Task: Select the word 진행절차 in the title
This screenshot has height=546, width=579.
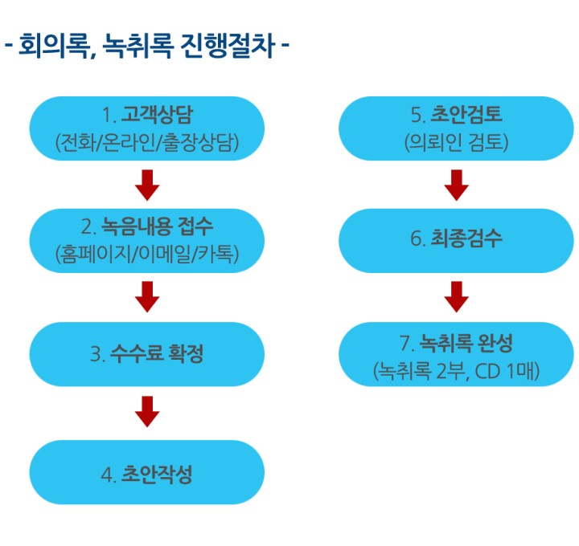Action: click(x=228, y=46)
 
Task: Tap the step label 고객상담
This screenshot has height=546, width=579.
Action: click(x=157, y=114)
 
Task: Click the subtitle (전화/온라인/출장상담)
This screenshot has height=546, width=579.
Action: click(x=147, y=142)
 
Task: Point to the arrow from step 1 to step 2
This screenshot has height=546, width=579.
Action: click(x=147, y=185)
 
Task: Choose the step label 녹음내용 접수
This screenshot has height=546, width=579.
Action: click(x=157, y=226)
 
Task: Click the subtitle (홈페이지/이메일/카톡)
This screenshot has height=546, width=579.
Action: click(x=147, y=254)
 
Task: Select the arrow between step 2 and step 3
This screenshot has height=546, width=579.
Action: click(x=147, y=297)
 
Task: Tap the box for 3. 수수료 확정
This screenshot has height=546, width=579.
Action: click(x=147, y=354)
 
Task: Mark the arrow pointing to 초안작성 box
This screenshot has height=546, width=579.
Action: click(x=147, y=412)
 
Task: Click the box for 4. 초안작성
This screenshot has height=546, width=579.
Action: click(x=147, y=472)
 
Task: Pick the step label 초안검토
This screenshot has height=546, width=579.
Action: click(x=466, y=114)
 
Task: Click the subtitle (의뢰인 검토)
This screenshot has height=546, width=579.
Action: click(x=457, y=142)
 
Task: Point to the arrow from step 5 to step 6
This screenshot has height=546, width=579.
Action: click(x=457, y=185)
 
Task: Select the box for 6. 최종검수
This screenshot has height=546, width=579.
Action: click(x=457, y=241)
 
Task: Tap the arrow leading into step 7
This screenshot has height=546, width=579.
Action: click(x=457, y=297)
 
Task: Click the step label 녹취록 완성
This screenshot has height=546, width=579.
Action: click(x=466, y=343)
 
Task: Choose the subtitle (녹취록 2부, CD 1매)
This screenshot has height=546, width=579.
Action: click(x=457, y=371)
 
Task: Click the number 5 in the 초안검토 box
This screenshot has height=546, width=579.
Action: click(x=417, y=115)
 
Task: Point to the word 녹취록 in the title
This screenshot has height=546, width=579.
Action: click(x=138, y=46)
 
